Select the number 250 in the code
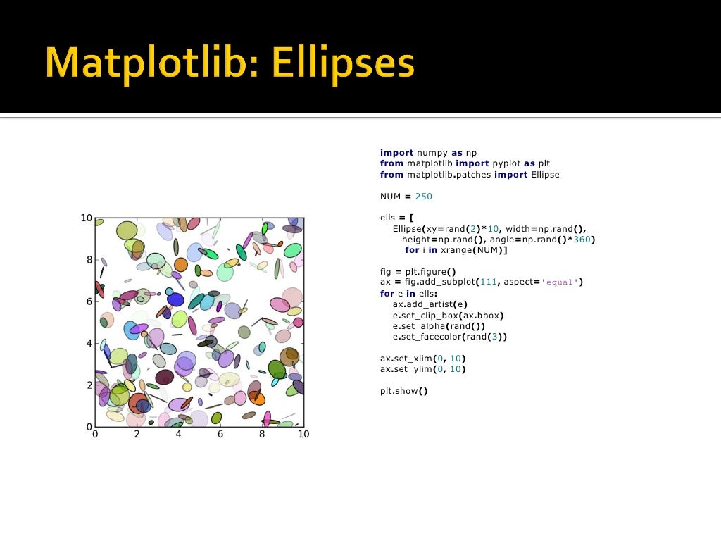pos(424,196)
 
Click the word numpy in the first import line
pos(432,152)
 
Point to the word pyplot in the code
pos(506,163)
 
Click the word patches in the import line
pos(472,174)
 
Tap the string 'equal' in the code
pos(560,282)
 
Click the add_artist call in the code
pos(435,304)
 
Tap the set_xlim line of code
pos(422,359)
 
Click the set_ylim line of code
pos(422,369)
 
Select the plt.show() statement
pos(404,391)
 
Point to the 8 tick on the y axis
pos(89,260)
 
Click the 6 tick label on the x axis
pos(220,435)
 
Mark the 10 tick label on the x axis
pos(303,435)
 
